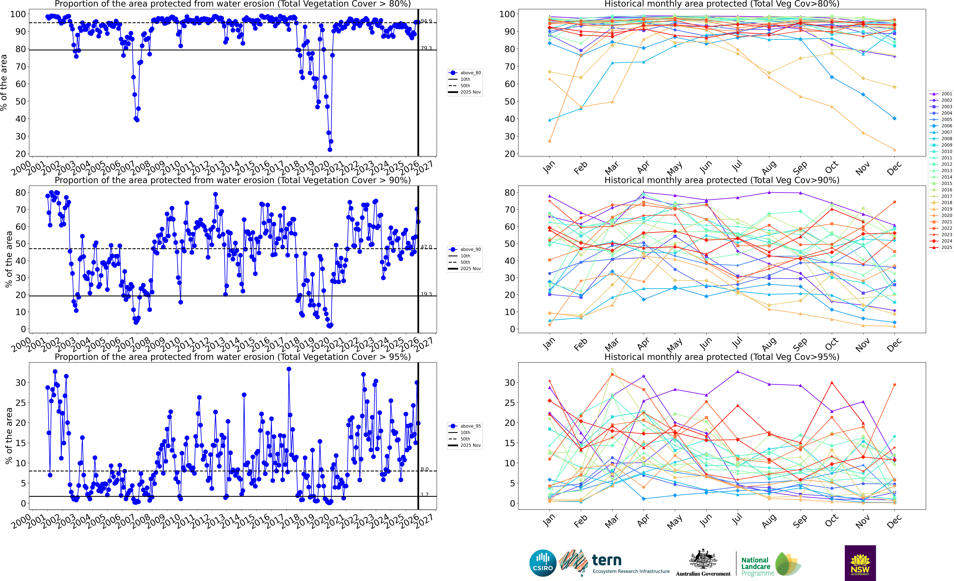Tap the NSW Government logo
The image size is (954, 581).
(860, 563)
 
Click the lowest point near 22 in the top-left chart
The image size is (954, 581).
(330, 150)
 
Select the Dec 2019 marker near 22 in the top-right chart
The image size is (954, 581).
(894, 150)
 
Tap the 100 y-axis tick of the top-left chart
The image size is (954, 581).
(18, 14)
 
